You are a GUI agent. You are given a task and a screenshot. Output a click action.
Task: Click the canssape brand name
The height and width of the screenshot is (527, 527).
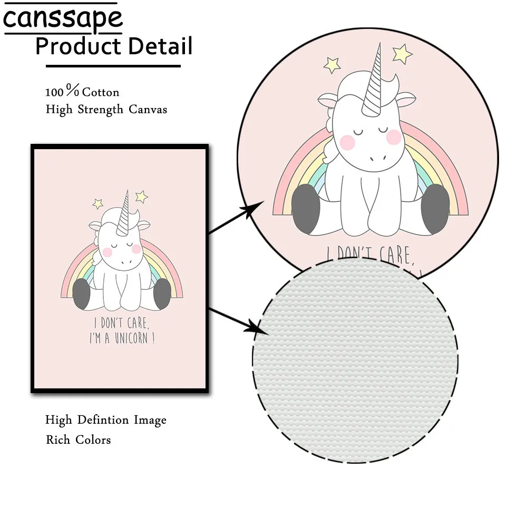pyautogui.click(x=63, y=19)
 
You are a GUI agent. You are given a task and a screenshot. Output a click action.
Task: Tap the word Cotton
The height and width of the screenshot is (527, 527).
pyautogui.click(x=101, y=92)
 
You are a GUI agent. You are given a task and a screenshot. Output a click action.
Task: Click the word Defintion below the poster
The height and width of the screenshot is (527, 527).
pyautogui.click(x=103, y=420)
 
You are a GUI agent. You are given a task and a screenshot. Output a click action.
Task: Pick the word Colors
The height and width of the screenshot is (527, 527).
pyautogui.click(x=93, y=440)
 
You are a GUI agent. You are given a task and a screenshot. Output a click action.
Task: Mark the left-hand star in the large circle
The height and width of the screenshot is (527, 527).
pyautogui.click(x=332, y=64)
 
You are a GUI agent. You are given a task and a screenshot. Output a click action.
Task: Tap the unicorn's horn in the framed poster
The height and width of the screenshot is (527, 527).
pyautogui.click(x=125, y=213)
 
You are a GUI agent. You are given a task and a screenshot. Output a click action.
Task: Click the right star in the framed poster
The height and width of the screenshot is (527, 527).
pyautogui.click(x=141, y=197)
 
